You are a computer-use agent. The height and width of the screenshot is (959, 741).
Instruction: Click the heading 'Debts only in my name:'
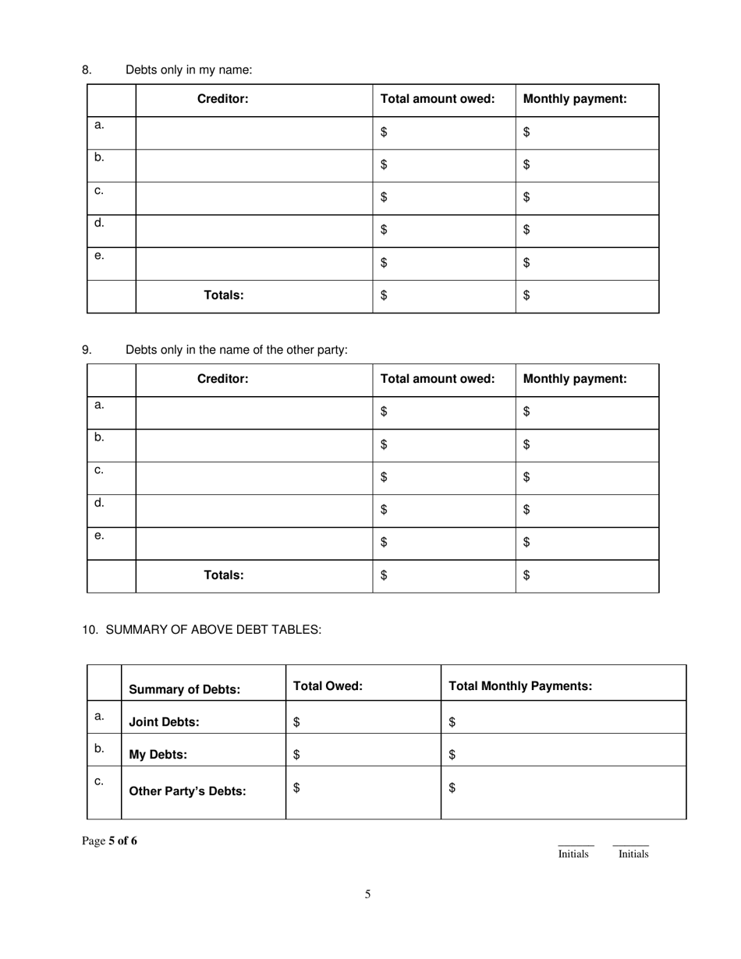click(189, 70)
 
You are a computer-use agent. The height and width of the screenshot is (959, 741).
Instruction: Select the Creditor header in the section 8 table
click(223, 99)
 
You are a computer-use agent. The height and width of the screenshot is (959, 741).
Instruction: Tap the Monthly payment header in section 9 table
click(575, 379)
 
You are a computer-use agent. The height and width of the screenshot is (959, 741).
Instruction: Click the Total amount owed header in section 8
click(438, 99)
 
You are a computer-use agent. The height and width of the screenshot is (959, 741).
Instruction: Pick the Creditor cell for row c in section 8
click(254, 198)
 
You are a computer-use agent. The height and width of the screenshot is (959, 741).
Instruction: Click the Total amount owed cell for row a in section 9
click(444, 412)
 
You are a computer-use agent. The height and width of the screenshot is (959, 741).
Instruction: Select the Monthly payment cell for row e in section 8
click(587, 263)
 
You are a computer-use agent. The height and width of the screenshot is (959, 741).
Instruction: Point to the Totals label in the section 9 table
click(224, 575)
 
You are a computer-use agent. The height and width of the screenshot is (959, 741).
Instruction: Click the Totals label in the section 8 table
click(224, 295)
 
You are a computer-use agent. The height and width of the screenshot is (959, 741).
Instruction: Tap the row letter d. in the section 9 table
click(99, 503)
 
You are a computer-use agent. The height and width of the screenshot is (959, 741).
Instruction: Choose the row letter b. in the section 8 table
click(99, 157)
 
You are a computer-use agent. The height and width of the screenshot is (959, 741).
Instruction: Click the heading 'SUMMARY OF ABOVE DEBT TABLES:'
click(212, 630)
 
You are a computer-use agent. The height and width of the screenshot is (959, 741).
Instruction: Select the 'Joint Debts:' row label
click(164, 722)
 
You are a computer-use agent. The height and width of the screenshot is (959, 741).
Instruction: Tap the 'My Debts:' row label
click(158, 755)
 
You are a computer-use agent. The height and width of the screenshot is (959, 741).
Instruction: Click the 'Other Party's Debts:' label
click(187, 791)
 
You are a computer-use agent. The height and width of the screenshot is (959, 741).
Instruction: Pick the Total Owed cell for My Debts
click(363, 754)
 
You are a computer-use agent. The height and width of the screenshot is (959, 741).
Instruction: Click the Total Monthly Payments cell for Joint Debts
click(563, 722)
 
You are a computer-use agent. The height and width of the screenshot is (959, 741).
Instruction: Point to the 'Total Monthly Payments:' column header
click(520, 686)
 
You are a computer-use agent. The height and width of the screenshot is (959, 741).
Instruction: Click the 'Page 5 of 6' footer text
click(109, 840)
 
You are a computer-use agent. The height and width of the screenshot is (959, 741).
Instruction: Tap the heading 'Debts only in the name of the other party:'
click(236, 350)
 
